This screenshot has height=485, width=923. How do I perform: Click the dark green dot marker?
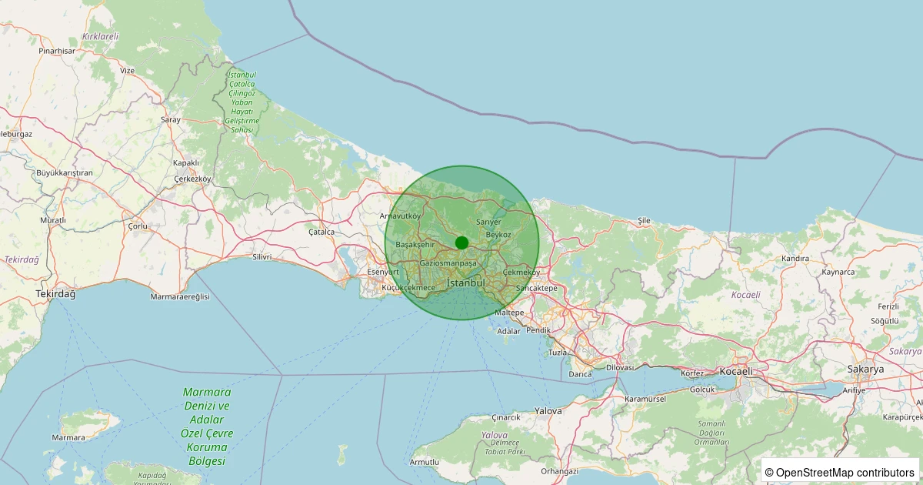point(461,242)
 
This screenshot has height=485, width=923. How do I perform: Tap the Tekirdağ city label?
point(56,295)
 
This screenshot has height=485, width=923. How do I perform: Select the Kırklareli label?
point(100,36)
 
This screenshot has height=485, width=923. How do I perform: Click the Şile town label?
point(644,220)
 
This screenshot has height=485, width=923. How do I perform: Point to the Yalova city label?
point(548,411)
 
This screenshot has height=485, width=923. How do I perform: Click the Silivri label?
point(262,257)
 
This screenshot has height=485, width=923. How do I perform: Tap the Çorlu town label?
point(138,226)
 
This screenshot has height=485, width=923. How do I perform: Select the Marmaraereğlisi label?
point(180,296)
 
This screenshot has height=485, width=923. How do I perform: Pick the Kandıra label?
point(795,259)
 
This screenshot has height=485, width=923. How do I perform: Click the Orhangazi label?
point(559,471)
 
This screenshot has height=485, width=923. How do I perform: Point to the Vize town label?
point(127,70)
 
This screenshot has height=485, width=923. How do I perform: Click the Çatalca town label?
point(322,231)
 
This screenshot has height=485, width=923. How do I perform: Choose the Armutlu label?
point(425,462)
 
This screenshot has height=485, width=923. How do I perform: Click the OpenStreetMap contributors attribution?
point(840,472)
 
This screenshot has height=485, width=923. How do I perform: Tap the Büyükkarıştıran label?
point(64,172)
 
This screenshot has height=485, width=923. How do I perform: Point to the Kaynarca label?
point(838,272)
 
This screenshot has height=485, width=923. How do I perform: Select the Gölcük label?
point(702,390)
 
